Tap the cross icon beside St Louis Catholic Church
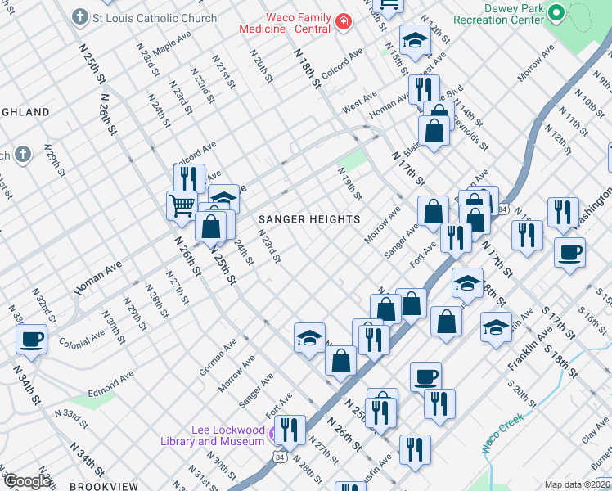[79, 16]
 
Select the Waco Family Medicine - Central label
[286, 23]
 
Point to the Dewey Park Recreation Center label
[497, 13]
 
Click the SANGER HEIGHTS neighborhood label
[309, 219]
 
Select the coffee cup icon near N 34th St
[32, 339]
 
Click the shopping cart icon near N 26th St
[182, 205]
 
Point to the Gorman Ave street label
[216, 360]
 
